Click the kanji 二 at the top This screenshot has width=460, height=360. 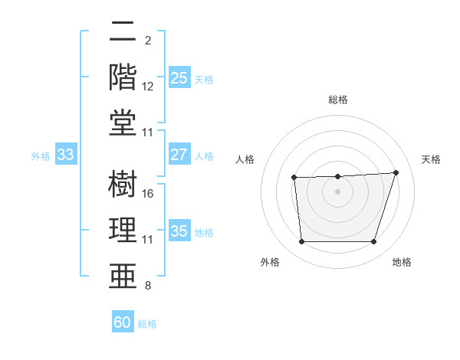click(123, 34)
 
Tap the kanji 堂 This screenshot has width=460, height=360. click(123, 123)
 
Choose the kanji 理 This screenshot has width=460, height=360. click(123, 229)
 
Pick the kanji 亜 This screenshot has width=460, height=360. click(123, 275)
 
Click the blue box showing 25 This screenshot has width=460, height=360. click(179, 77)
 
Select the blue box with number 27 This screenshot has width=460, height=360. click(179, 155)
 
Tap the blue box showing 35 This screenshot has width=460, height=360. click(179, 231)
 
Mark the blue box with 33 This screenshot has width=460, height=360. click(65, 155)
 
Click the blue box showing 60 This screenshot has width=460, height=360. click(123, 322)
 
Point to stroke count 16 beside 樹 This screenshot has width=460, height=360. click(149, 193)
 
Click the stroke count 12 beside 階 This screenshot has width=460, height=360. click(149, 87)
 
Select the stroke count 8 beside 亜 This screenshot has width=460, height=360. click(147, 286)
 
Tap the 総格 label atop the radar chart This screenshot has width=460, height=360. click(338, 100)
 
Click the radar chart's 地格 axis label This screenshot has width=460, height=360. click(402, 263)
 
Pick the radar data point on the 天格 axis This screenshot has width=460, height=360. click(396, 172)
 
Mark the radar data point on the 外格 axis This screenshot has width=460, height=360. click(302, 242)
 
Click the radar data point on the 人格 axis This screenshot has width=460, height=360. click(294, 178)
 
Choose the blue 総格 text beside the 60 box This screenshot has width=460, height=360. click(148, 324)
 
